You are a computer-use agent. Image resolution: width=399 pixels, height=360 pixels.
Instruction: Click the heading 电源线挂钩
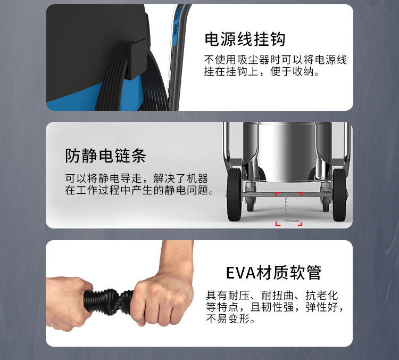coord(245,39)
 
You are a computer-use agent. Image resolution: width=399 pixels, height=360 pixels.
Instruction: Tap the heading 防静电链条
coord(106,156)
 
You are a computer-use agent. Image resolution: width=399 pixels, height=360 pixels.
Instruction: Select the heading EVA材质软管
coord(273,273)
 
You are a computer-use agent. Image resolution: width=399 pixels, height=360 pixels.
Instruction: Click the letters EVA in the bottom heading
coord(240,273)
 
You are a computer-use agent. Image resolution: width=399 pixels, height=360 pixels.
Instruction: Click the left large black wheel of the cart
coord(234,194)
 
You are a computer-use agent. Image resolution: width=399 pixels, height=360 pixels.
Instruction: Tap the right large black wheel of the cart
coord(339,194)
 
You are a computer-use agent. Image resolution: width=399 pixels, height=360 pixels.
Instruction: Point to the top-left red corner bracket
coord(278,194)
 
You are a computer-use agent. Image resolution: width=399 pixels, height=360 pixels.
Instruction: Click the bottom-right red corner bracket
coord(300,224)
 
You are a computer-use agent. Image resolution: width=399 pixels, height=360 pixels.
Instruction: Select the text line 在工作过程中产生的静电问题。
coord(139,190)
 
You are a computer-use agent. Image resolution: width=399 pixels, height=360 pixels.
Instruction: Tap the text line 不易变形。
coord(230,318)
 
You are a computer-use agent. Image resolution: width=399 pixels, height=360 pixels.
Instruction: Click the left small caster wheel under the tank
coord(250,204)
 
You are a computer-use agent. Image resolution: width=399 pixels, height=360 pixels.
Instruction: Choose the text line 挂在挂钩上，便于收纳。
coord(262,71)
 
